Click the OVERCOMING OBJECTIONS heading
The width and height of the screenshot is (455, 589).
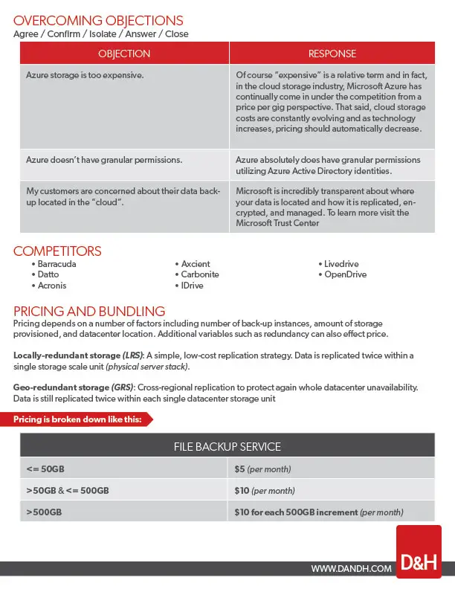coord(98,21)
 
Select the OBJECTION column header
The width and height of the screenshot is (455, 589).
coord(124,54)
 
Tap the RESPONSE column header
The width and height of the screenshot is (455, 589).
coord(332,54)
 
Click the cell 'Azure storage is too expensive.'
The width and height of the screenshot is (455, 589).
coord(85,76)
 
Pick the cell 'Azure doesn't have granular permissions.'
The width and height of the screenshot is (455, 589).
coord(104,160)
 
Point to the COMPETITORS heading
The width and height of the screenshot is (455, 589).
coord(57,251)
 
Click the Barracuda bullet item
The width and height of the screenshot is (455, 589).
coord(57,264)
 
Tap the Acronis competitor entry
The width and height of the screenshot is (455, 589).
coord(52,286)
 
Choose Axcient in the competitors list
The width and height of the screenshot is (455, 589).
coord(196,264)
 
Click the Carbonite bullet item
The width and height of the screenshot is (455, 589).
coord(200,274)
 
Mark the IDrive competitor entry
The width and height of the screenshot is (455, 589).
coord(192,286)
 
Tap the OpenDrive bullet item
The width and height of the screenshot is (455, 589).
coord(345,274)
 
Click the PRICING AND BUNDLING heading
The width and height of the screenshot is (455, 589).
coord(89,311)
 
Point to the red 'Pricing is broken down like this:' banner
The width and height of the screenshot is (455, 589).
coord(82,419)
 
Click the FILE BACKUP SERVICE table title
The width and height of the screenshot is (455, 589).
coord(227,446)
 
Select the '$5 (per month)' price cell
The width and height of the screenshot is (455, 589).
coord(262,469)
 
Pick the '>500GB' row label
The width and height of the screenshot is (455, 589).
coord(44,512)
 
